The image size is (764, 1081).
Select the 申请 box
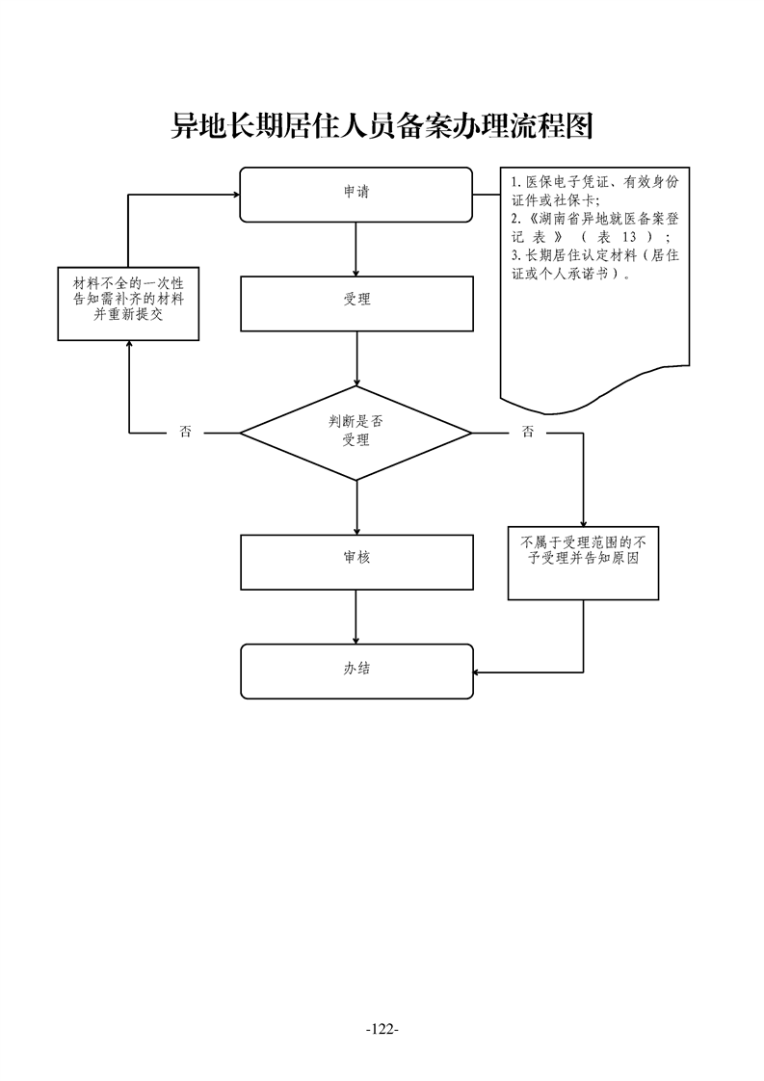pyautogui.click(x=356, y=195)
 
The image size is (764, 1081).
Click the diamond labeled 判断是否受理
pyautogui.click(x=356, y=433)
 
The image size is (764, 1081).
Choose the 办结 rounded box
pyautogui.click(x=356, y=671)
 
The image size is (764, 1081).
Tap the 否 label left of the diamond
pyautogui.click(x=186, y=433)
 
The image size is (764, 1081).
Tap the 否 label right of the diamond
pyautogui.click(x=527, y=433)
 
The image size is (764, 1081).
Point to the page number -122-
pyautogui.click(x=382, y=1030)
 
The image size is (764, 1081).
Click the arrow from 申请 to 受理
pyautogui.click(x=356, y=249)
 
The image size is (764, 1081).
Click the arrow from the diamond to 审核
pyautogui.click(x=356, y=507)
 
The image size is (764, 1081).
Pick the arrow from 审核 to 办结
pyautogui.click(x=356, y=617)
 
